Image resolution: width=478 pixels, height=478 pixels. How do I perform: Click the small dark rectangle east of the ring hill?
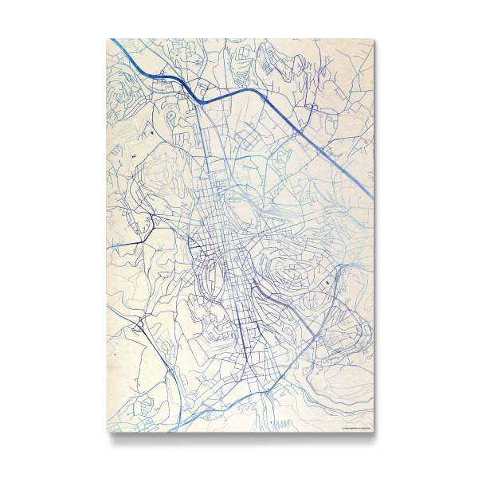[x=326, y=282]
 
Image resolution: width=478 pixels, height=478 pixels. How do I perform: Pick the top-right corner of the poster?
[x=372, y=38]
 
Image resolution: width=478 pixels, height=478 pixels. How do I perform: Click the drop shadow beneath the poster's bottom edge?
[x=239, y=437]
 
